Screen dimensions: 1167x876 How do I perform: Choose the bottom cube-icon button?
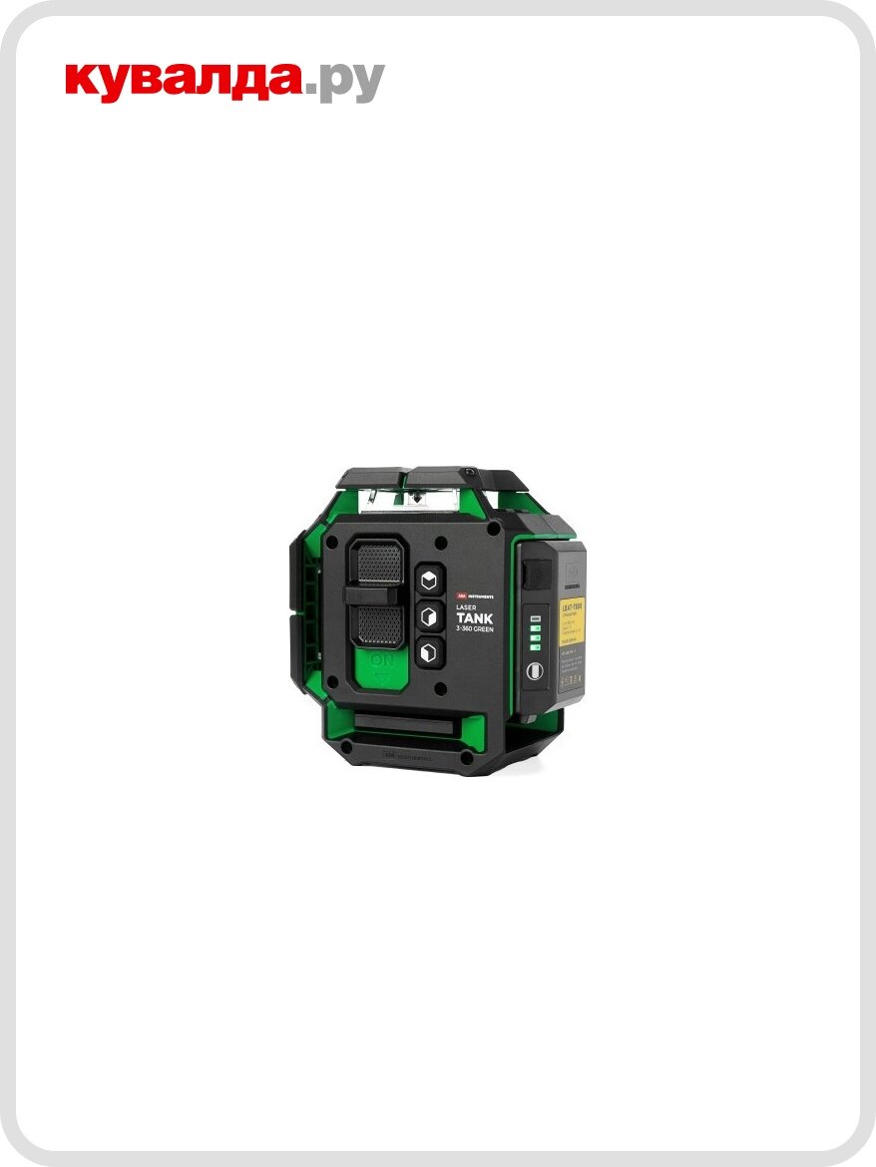pos(430,651)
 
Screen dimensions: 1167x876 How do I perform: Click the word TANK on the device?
pos(475,618)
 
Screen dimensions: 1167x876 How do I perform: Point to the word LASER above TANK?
pos(466,605)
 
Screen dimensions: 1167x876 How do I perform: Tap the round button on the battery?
pos(535,672)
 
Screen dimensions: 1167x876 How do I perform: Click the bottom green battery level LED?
pos(536,648)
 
